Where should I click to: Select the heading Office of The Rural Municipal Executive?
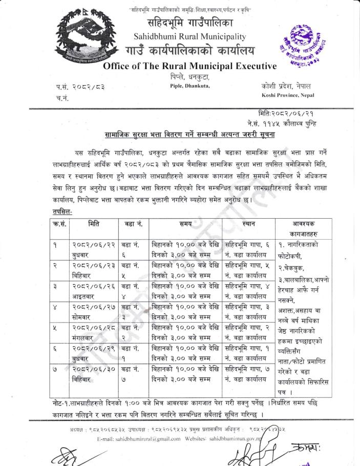(x=189, y=66)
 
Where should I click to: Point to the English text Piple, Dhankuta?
(x=189, y=86)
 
